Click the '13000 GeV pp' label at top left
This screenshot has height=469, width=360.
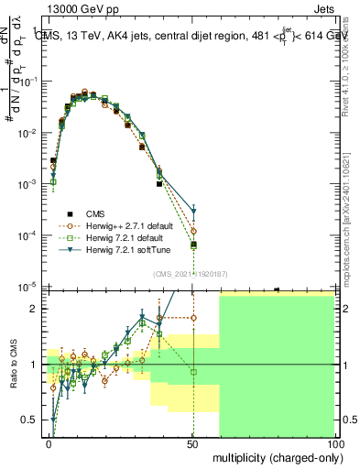pyautogui.click(x=78, y=8)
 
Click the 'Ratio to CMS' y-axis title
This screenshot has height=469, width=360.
pyautogui.click(x=13, y=365)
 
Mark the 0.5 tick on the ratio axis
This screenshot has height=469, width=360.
pyautogui.click(x=31, y=420)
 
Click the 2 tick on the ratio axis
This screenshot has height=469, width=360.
pyautogui.click(x=36, y=309)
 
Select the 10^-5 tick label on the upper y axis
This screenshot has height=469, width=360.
pyautogui.click(x=27, y=287)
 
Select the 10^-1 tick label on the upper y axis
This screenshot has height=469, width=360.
pyautogui.click(x=27, y=82)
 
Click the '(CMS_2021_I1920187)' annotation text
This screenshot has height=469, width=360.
pyautogui.click(x=189, y=273)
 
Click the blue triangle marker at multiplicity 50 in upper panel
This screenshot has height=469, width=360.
pyautogui.click(x=193, y=212)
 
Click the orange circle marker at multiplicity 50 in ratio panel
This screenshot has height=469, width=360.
pyautogui.click(x=193, y=317)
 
